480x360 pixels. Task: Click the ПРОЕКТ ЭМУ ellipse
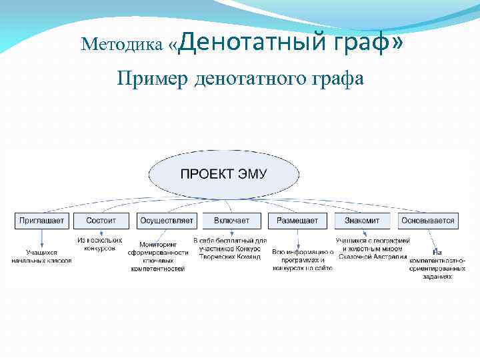click(223, 175)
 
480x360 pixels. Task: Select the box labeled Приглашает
click(41, 220)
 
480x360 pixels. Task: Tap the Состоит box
click(101, 220)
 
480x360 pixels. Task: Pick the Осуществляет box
click(166, 220)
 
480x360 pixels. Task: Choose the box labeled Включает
click(232, 220)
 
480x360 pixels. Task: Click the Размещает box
click(297, 220)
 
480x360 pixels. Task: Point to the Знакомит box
click(362, 220)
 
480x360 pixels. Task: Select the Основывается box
click(427, 220)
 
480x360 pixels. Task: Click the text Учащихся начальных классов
click(41, 257)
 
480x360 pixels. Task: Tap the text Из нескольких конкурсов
click(100, 243)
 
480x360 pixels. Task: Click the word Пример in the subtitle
click(152, 79)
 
